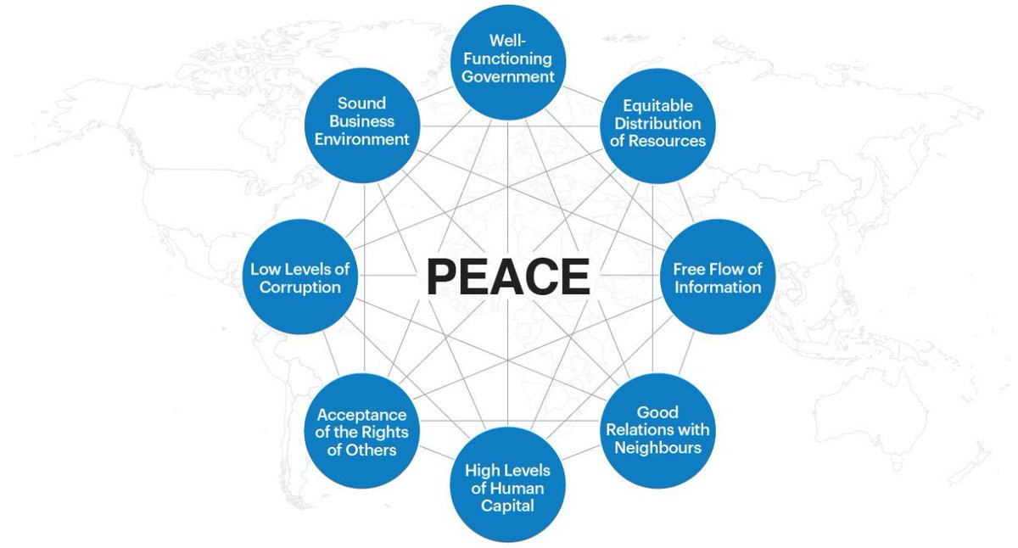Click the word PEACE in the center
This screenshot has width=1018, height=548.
[507, 277]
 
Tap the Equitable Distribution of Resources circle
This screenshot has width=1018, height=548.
[657, 124]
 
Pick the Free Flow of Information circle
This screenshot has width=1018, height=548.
[718, 277]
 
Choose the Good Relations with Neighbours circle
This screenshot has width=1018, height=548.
[657, 429]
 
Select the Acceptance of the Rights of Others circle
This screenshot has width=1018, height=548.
[362, 431]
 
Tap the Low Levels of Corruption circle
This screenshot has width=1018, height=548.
[299, 277]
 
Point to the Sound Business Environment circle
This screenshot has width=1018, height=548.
[362, 121]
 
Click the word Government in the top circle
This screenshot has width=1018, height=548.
[507, 77]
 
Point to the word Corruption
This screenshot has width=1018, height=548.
[299, 287]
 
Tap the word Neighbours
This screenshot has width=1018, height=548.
[658, 447]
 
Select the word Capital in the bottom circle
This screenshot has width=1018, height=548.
[507, 506]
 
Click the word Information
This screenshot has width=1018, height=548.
[718, 287]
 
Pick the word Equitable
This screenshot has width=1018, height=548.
[657, 106]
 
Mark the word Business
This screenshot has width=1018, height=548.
[362, 121]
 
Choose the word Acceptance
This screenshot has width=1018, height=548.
[362, 415]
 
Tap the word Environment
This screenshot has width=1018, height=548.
[362, 139]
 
